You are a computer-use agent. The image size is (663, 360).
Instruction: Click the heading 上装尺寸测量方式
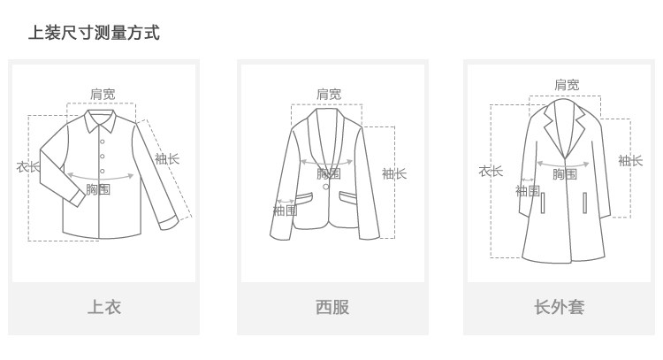(x=94, y=34)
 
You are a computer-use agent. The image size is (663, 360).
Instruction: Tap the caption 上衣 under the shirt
(x=103, y=307)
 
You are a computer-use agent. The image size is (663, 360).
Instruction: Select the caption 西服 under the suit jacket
(x=332, y=307)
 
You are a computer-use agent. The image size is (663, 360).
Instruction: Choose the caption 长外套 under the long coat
(x=559, y=307)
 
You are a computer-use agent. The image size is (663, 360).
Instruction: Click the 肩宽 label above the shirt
(x=103, y=94)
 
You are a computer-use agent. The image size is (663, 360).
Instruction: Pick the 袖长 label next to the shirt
(x=167, y=159)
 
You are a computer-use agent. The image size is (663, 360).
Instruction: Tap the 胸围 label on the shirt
(x=98, y=189)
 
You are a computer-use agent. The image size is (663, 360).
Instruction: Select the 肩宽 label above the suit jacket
(x=329, y=95)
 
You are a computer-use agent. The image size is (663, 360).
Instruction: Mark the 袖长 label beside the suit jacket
(x=394, y=173)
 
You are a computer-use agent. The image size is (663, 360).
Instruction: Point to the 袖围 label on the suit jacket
(x=285, y=211)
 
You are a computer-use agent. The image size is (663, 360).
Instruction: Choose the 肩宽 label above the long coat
(x=567, y=85)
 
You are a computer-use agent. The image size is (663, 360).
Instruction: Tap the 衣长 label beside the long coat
(x=491, y=171)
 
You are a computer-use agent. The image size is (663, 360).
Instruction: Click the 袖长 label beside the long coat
(x=630, y=160)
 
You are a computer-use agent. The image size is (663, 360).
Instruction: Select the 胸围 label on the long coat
(x=565, y=174)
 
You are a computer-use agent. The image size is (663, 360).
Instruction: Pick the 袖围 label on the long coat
(x=528, y=191)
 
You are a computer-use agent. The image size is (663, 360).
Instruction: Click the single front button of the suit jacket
(x=325, y=186)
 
